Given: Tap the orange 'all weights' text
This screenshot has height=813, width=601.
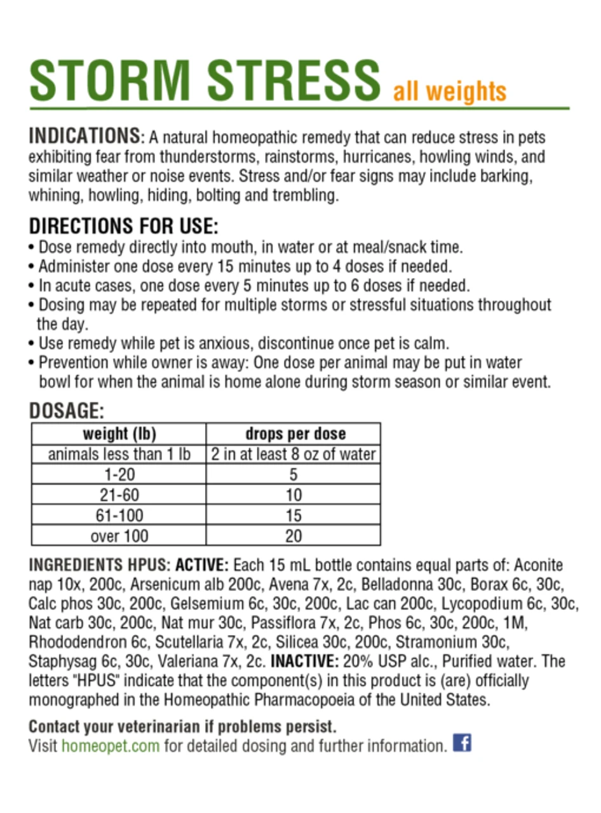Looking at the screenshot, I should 450,91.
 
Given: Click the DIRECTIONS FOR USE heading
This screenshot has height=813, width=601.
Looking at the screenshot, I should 124,226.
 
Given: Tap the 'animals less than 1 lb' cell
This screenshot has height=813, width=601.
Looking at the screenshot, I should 119,454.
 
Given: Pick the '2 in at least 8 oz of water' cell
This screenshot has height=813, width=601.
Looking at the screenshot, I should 293,454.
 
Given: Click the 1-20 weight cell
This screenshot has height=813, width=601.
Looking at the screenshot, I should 119,474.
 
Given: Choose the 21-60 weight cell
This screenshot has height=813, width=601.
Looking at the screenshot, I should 119,495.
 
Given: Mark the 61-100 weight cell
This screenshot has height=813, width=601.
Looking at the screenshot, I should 119,515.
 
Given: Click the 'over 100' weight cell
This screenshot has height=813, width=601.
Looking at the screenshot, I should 119,535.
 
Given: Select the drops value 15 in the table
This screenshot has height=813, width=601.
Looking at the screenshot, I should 293,515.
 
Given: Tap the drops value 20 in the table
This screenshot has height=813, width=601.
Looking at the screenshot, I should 293,535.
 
